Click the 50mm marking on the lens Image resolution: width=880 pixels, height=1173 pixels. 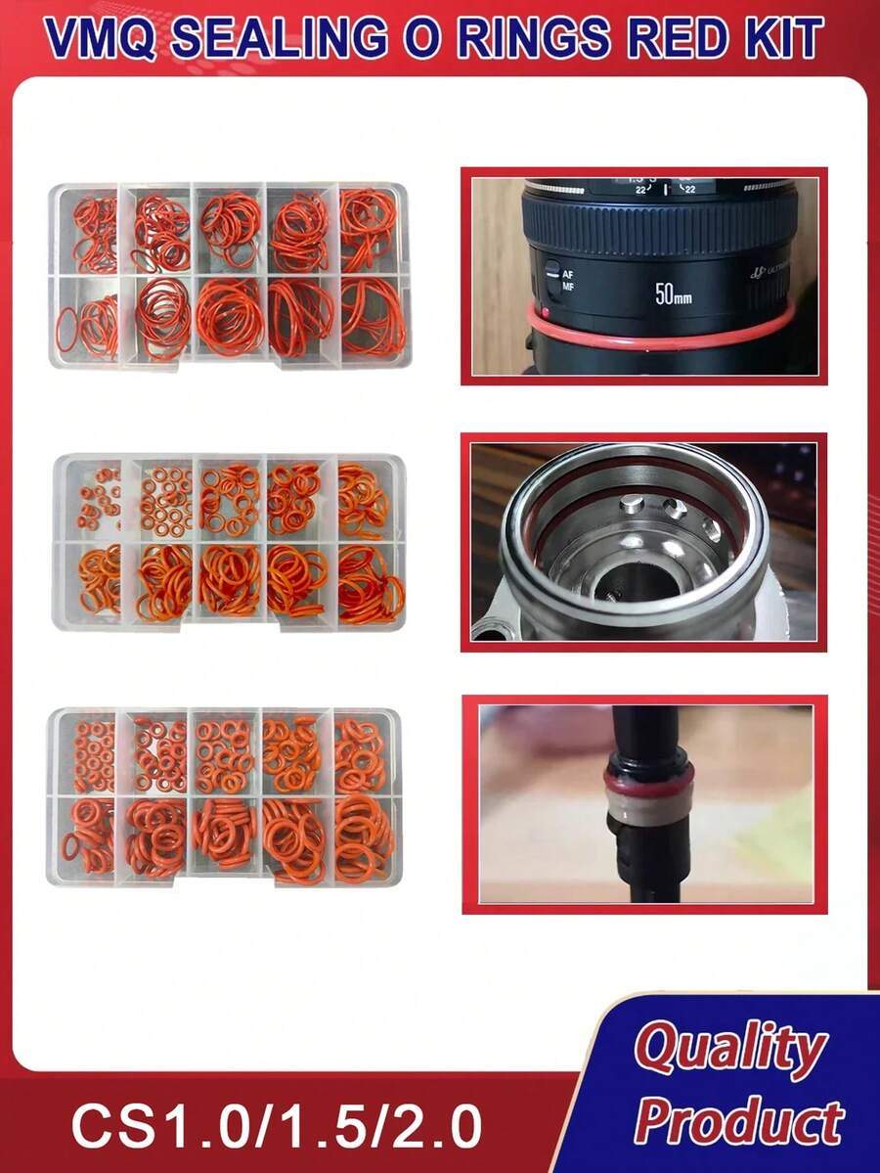(673, 293)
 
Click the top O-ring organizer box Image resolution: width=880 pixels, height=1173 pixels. (229, 275)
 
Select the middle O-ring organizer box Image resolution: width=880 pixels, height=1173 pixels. (229, 541)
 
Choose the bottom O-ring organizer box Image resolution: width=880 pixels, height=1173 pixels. (225, 796)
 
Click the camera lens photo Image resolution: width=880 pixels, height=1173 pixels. (644, 275)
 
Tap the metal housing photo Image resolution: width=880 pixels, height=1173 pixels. (644, 542)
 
